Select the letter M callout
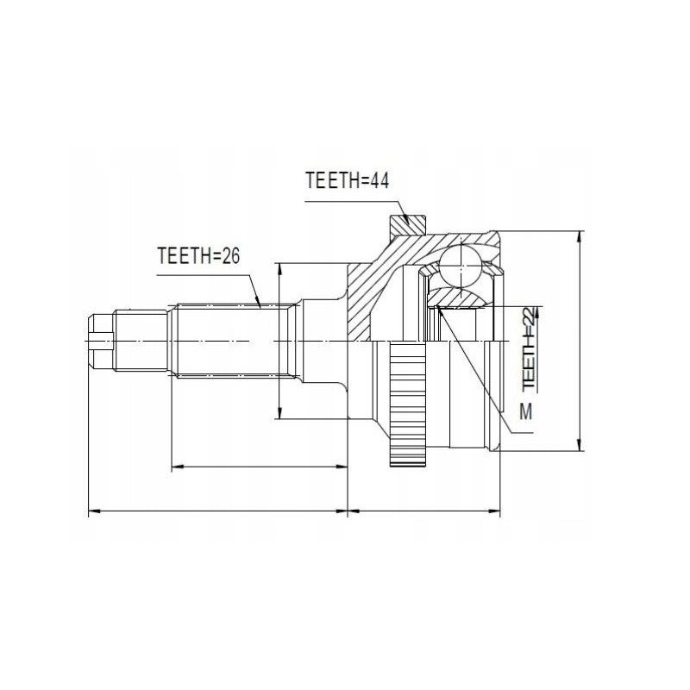[525, 412]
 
